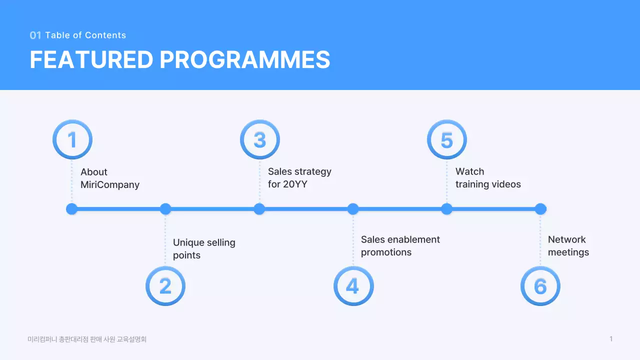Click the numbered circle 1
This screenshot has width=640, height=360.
72,139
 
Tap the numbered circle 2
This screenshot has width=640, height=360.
165,286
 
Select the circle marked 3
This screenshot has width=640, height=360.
259,139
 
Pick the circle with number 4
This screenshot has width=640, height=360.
353,286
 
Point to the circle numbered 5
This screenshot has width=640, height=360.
446,139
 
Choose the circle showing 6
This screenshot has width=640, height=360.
540,286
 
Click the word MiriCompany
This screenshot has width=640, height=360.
110,185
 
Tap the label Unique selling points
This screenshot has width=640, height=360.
204,248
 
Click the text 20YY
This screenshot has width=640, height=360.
295,184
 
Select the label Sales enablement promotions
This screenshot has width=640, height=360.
400,245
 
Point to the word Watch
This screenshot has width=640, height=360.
469,171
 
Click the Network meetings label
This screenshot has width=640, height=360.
568,245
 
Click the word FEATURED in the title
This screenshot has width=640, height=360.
91,60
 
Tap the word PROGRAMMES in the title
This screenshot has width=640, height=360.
245,60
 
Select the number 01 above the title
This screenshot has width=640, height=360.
35,35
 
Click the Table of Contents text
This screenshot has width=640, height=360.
85,35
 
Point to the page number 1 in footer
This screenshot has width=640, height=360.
611,339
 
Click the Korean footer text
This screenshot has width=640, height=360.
87,339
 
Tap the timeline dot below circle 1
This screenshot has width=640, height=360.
72,209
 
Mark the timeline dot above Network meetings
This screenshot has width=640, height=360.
540,209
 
